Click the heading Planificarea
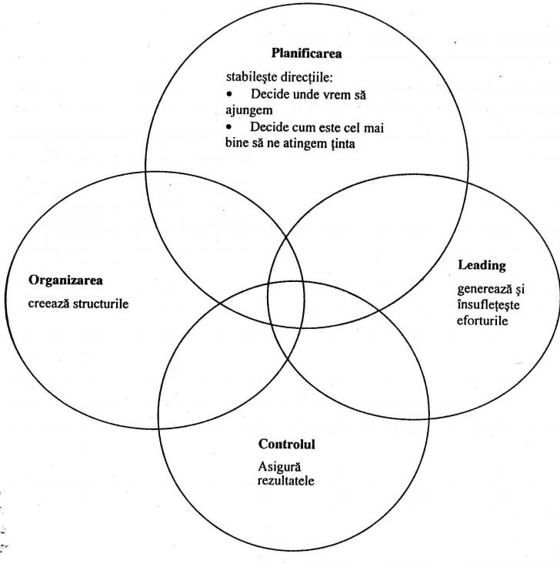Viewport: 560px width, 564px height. pyautogui.click(x=306, y=54)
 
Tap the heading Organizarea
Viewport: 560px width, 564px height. pyautogui.click(x=65, y=280)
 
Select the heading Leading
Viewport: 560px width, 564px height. pyautogui.click(x=482, y=266)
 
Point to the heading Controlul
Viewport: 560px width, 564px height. pyautogui.click(x=287, y=445)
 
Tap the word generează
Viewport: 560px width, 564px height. pyautogui.click(x=484, y=290)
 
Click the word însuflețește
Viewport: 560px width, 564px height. pyautogui.click(x=487, y=304)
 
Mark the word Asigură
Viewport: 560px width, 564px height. pyautogui.click(x=277, y=467)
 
